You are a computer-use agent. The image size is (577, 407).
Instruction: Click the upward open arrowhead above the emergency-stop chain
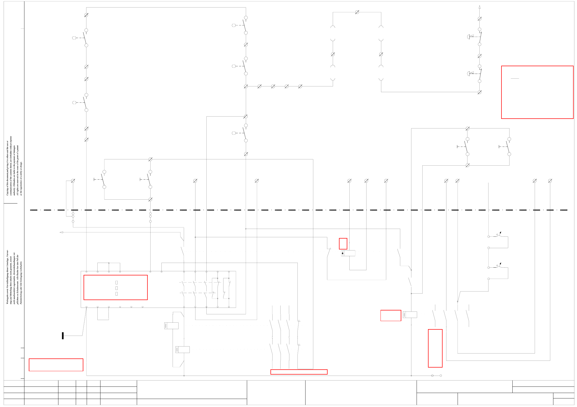479,7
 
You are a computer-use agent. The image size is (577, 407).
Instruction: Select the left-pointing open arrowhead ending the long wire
62,232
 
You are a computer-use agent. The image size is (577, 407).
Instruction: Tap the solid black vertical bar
63,336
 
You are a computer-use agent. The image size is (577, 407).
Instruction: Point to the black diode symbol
343,253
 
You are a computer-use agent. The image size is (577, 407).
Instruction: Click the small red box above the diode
343,244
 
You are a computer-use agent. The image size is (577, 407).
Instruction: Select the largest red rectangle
537,92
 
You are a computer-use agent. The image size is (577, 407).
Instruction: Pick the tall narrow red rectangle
435,348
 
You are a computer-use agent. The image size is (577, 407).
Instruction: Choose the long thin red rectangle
299,372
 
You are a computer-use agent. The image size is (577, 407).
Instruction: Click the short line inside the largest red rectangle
515,78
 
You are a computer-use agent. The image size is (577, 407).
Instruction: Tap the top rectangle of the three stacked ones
117,282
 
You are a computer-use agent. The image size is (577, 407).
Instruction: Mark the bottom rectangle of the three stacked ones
117,294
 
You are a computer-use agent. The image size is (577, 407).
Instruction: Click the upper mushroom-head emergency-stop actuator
469,37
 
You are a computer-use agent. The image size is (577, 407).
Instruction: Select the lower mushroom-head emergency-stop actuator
469,74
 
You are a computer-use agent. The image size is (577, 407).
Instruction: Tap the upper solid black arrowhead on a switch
500,233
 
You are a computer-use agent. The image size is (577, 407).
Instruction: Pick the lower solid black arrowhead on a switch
500,263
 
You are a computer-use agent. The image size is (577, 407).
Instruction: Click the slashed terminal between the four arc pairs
357,12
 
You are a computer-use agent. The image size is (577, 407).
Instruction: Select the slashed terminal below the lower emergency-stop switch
479,92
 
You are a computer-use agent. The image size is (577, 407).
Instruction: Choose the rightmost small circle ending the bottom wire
440,376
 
